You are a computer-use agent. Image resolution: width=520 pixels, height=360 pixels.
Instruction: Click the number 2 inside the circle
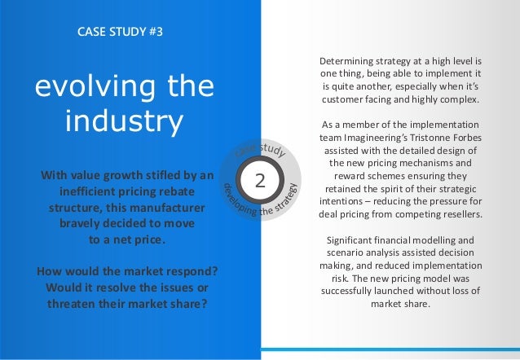pyautogui.click(x=262, y=180)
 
